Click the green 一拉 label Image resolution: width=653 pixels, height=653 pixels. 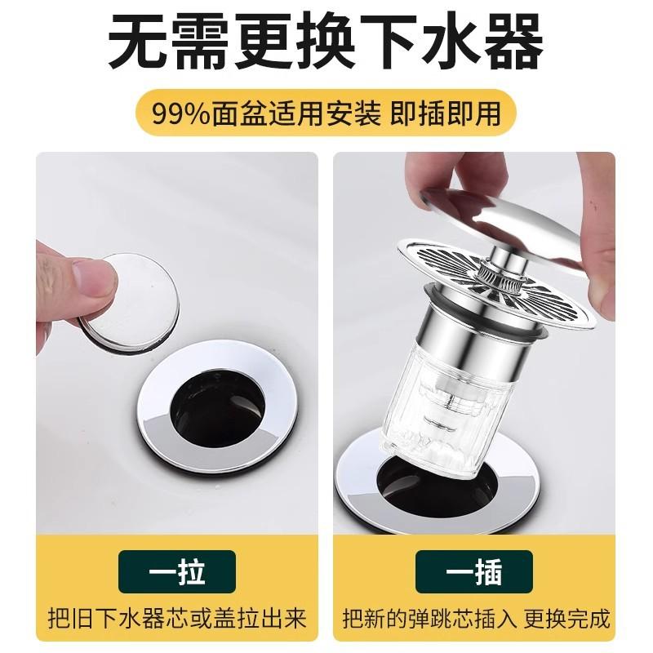click(x=176, y=571)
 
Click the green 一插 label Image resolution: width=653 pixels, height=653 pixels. click(x=474, y=571)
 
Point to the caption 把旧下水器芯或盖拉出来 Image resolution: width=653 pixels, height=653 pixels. click(x=176, y=618)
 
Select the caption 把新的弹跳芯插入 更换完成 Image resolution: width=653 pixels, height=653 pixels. click(x=475, y=618)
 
